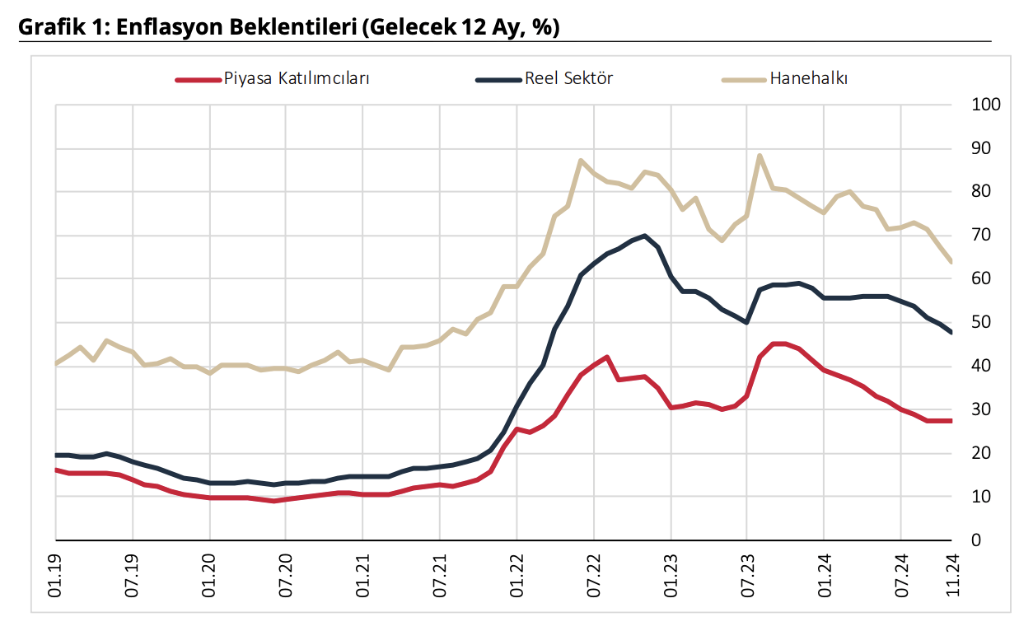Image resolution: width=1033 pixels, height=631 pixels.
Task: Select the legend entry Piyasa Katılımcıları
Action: tap(297, 79)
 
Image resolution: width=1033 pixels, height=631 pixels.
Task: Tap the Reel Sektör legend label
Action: tap(568, 79)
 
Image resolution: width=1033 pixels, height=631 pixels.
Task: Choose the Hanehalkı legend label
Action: tap(809, 79)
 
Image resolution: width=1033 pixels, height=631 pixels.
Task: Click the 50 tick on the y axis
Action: tap(981, 323)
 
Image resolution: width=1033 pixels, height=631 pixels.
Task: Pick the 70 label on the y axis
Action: tap(981, 236)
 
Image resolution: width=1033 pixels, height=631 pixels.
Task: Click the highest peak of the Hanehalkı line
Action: tap(760, 156)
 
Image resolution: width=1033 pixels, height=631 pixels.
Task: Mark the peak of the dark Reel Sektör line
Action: tap(644, 236)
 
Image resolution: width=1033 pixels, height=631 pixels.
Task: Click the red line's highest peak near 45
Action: tap(778, 344)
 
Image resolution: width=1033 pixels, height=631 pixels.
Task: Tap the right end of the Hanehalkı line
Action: tap(952, 262)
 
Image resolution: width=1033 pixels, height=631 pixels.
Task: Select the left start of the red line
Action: tap(56, 470)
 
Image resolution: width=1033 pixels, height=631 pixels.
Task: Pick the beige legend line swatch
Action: tap(744, 80)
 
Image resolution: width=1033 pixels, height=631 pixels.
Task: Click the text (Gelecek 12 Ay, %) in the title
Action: tap(461, 27)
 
